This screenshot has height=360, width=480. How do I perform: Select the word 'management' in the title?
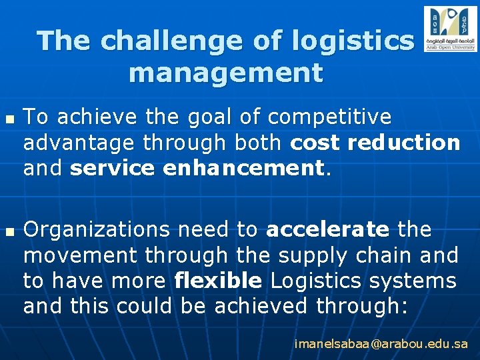[226, 72]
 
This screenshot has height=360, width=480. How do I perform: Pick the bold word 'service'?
[112, 168]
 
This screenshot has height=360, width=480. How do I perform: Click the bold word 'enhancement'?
[243, 168]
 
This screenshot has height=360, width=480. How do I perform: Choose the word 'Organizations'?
[97, 230]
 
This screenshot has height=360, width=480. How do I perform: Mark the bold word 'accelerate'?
[327, 230]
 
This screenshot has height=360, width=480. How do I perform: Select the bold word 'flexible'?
[218, 281]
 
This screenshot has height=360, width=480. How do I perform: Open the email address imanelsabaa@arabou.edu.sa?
[381, 345]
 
